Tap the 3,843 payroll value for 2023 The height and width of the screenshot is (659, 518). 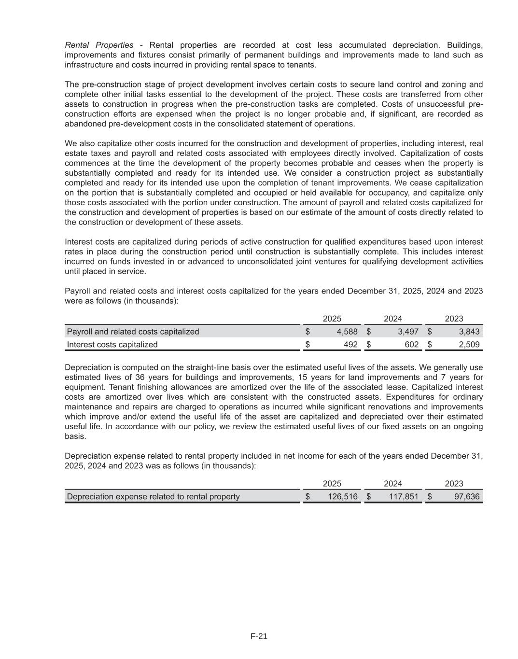[x=469, y=332]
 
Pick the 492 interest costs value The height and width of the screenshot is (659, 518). [x=351, y=345]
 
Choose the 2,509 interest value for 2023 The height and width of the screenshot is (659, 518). [x=469, y=345]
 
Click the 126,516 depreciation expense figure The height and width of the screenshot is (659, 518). [x=343, y=497]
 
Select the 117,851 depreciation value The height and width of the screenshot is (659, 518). [x=404, y=497]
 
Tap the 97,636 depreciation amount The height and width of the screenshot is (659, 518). [x=467, y=497]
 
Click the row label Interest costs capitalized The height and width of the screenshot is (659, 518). [x=112, y=345]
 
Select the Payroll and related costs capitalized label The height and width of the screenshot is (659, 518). [x=133, y=332]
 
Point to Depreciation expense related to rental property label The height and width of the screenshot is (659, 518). [x=153, y=497]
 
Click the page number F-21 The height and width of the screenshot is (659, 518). [x=259, y=636]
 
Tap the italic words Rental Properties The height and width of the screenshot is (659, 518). [x=99, y=45]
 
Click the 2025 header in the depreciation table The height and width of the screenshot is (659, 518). [x=332, y=483]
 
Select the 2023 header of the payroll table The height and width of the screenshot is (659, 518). [x=454, y=319]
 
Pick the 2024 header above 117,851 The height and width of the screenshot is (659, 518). [x=393, y=483]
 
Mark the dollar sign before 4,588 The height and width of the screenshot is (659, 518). [x=307, y=332]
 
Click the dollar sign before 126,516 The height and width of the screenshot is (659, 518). [x=307, y=497]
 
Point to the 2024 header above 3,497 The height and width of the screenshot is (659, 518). [x=393, y=319]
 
